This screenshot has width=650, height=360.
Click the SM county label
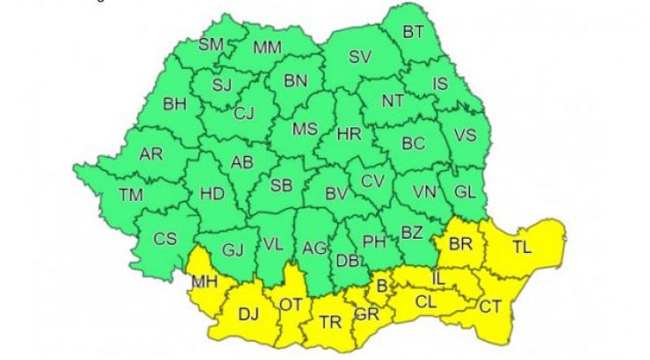pos(211,44)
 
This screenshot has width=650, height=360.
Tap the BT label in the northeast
pos(413,32)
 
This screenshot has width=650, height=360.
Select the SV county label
pos(359,58)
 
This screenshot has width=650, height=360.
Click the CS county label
pos(165,239)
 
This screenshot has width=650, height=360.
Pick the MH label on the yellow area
pos(206,282)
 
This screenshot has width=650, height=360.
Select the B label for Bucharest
pos(381,284)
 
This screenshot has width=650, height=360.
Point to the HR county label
pos(349,135)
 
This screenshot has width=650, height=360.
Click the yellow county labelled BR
pos(460,246)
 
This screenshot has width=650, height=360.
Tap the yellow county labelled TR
pos(330,322)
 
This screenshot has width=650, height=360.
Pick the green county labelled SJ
pos(224,84)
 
